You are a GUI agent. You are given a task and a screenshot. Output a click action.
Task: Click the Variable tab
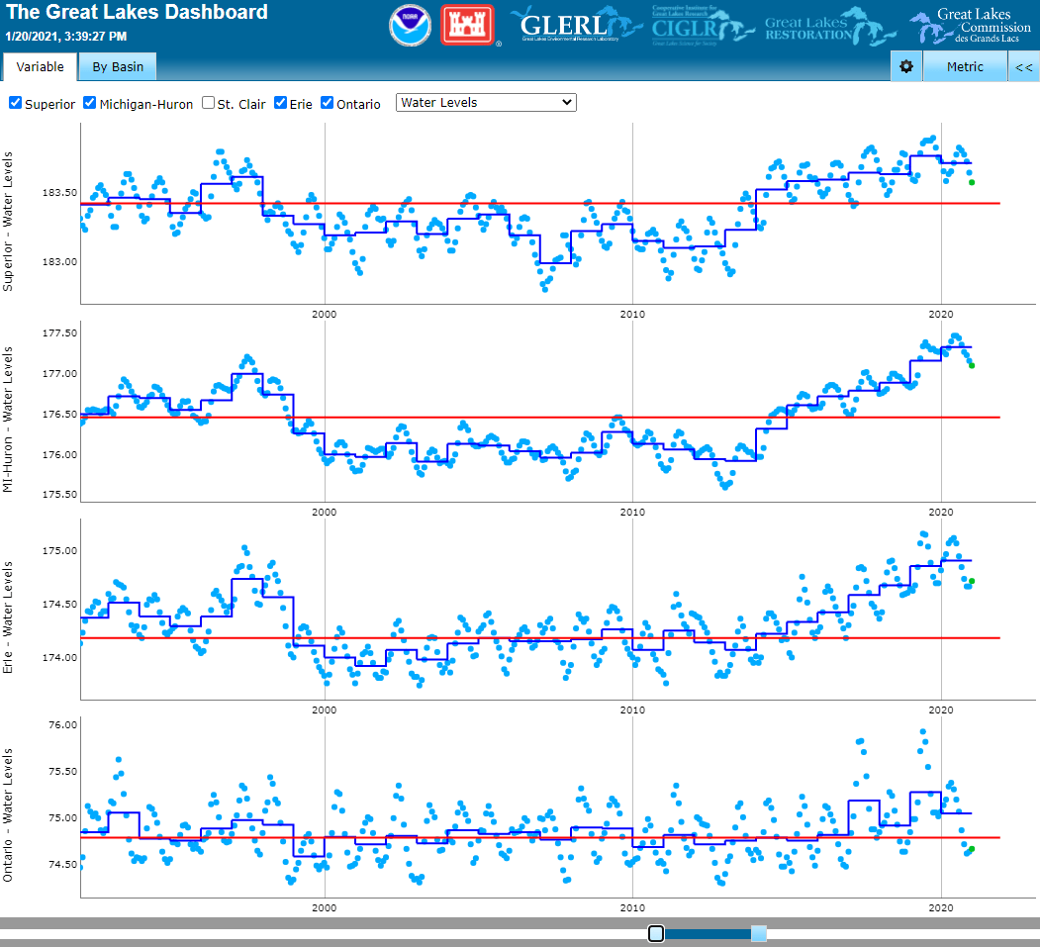pyautogui.click(x=41, y=67)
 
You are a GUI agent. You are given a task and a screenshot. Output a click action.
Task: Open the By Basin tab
pyautogui.click(x=118, y=67)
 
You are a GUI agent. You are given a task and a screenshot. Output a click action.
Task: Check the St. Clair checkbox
pyautogui.click(x=209, y=103)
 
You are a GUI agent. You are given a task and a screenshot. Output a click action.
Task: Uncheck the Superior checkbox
pyautogui.click(x=16, y=103)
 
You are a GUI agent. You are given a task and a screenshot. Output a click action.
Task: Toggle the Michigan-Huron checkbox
pyautogui.click(x=90, y=103)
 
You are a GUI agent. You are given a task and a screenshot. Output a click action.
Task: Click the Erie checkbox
pyautogui.click(x=281, y=103)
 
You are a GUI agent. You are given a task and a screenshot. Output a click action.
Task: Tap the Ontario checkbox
pyautogui.click(x=328, y=103)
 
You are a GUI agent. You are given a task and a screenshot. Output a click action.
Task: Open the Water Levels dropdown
pyautogui.click(x=486, y=103)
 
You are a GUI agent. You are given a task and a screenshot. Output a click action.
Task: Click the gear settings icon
pyautogui.click(x=906, y=67)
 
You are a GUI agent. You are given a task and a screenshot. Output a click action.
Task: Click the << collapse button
pyautogui.click(x=1024, y=67)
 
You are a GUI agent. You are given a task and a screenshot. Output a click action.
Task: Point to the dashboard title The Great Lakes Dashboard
pyautogui.click(x=137, y=13)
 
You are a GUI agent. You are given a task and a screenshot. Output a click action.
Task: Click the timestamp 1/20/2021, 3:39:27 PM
pyautogui.click(x=66, y=37)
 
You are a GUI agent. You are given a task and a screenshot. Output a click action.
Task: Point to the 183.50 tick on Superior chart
pyautogui.click(x=56, y=192)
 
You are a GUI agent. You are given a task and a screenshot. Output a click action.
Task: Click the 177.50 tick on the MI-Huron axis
pyautogui.click(x=56, y=333)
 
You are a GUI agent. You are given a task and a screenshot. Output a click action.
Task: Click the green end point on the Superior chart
pyautogui.click(x=972, y=182)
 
